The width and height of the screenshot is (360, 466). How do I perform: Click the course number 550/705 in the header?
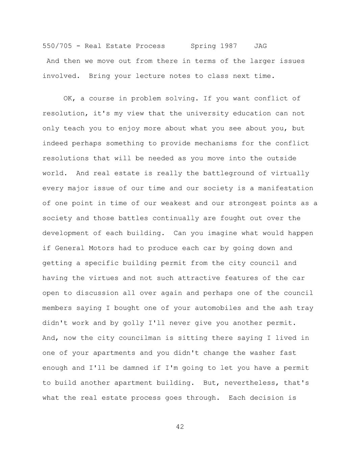57,46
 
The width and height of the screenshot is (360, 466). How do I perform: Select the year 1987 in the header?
229,46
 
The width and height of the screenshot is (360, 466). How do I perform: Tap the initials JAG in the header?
260,46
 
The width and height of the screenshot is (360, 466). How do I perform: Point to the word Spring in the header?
203,46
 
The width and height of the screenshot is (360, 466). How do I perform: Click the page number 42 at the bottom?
180,427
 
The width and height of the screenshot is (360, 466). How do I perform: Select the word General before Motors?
70,248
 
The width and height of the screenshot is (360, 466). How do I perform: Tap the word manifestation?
286,188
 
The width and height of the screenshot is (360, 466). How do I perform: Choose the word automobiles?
218,308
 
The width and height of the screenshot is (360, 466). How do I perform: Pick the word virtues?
103,278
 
